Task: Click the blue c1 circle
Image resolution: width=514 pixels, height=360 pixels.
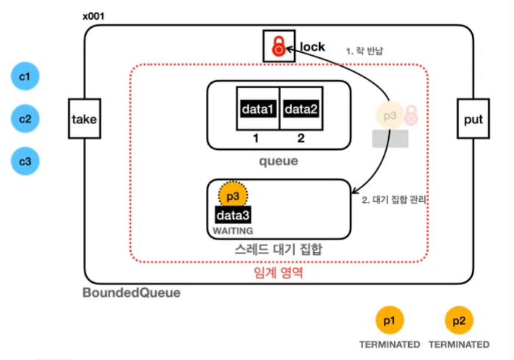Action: pos(25,76)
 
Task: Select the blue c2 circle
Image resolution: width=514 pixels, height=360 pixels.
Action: pos(25,118)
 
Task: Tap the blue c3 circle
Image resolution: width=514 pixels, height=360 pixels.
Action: pos(25,161)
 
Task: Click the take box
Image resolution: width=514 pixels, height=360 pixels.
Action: pos(84,118)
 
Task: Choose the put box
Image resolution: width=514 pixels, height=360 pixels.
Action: pos(473,118)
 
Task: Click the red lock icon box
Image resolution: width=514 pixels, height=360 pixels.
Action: pos(278,46)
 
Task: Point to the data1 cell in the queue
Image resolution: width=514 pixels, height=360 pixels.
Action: pos(258,109)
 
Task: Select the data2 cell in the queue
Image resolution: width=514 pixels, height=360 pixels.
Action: pos(301,109)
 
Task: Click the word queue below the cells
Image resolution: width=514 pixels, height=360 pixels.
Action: pos(279,161)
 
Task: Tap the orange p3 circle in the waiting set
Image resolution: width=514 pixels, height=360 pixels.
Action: pos(233,196)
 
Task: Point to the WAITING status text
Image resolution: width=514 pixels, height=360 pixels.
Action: pos(233,231)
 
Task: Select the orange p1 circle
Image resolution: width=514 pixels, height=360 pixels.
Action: pos(389,320)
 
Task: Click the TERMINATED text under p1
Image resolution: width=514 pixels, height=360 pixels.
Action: pos(389,344)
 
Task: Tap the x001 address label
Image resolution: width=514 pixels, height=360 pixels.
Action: pos(96,15)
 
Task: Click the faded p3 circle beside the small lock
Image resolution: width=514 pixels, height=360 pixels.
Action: pos(389,115)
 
